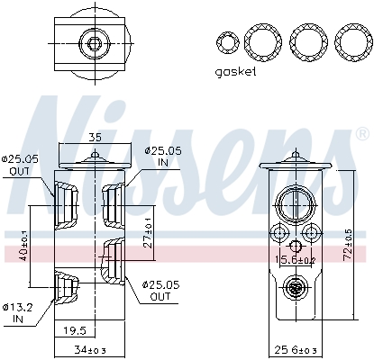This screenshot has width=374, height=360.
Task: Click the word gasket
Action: [x=237, y=71]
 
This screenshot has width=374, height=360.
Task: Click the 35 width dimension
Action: [x=95, y=139]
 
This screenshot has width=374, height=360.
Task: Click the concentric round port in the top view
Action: [x=93, y=42]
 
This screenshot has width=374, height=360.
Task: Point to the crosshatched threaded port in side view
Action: [x=294, y=288]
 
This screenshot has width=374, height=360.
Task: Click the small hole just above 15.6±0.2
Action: [x=294, y=246]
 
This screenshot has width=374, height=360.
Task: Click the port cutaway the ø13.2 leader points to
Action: [x=67, y=285]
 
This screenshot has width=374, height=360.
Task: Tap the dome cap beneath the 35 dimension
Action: [x=95, y=161]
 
